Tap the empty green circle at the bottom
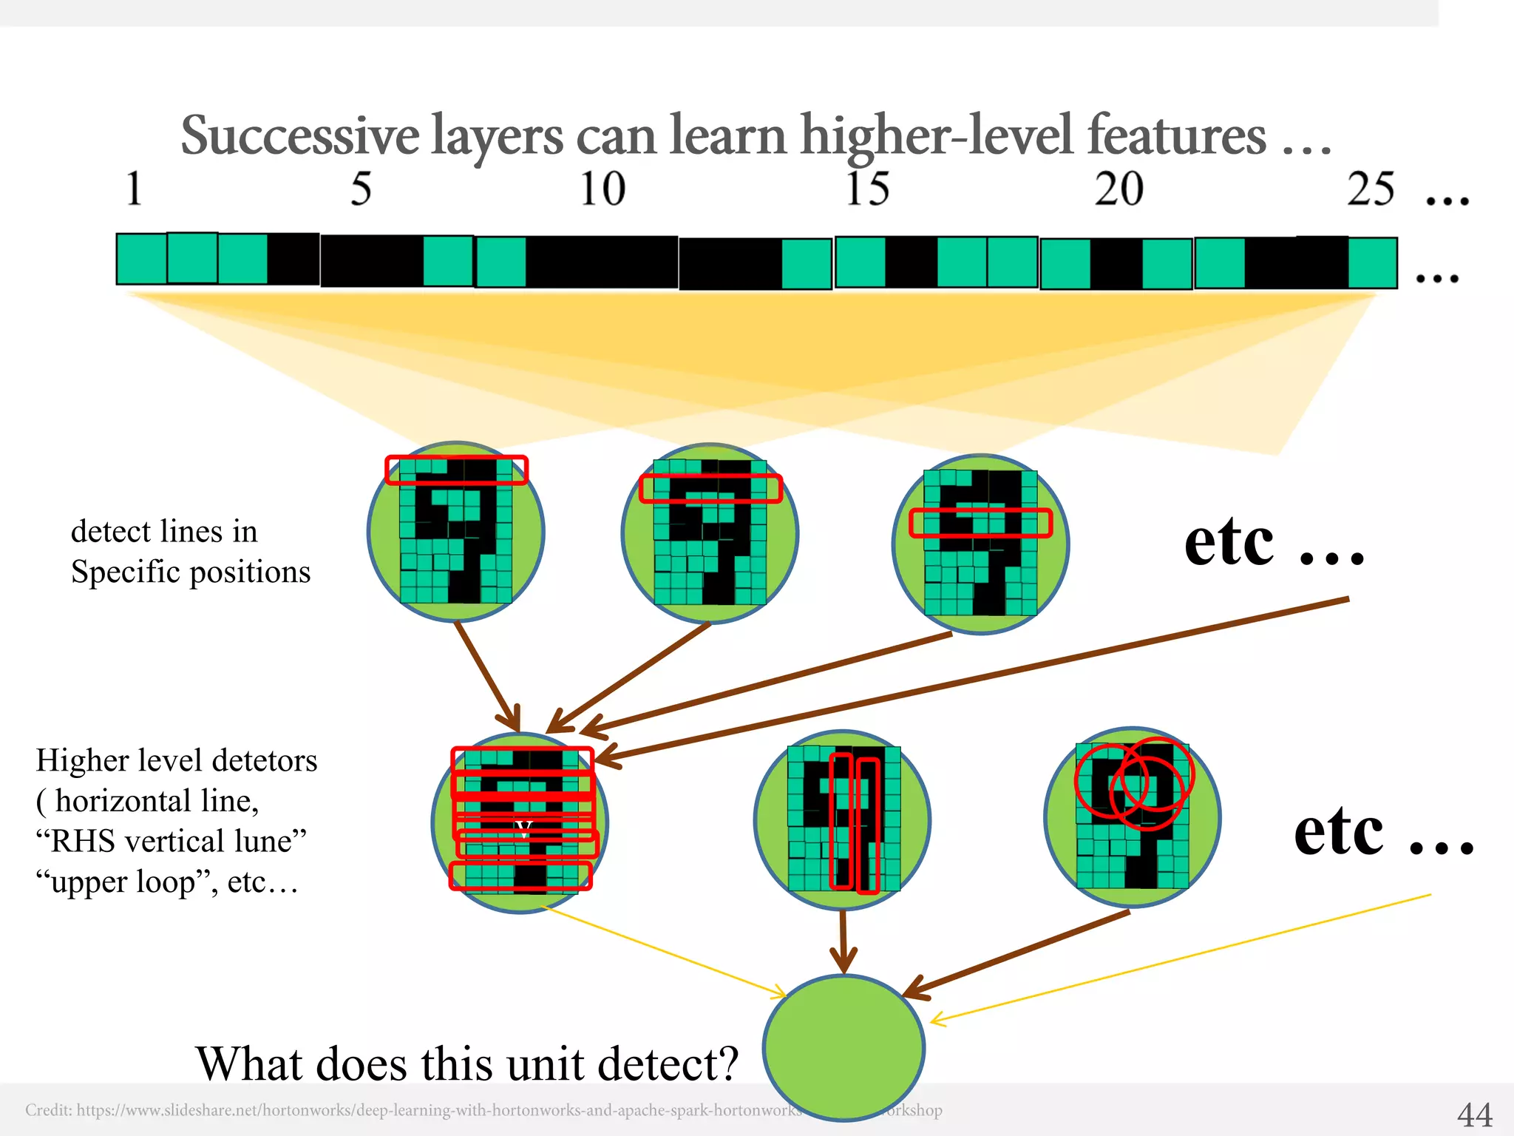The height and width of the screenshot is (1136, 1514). click(843, 1047)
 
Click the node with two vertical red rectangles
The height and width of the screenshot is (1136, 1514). click(843, 819)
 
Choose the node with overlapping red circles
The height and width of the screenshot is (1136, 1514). click(1132, 816)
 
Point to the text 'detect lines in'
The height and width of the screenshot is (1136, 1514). click(164, 531)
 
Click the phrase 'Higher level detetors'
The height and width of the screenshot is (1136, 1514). click(177, 760)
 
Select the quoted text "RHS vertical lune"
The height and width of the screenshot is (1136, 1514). click(171, 841)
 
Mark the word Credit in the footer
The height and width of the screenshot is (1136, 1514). click(48, 1110)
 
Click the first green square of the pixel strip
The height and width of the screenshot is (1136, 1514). click(141, 259)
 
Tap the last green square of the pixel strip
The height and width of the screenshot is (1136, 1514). click(1372, 263)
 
